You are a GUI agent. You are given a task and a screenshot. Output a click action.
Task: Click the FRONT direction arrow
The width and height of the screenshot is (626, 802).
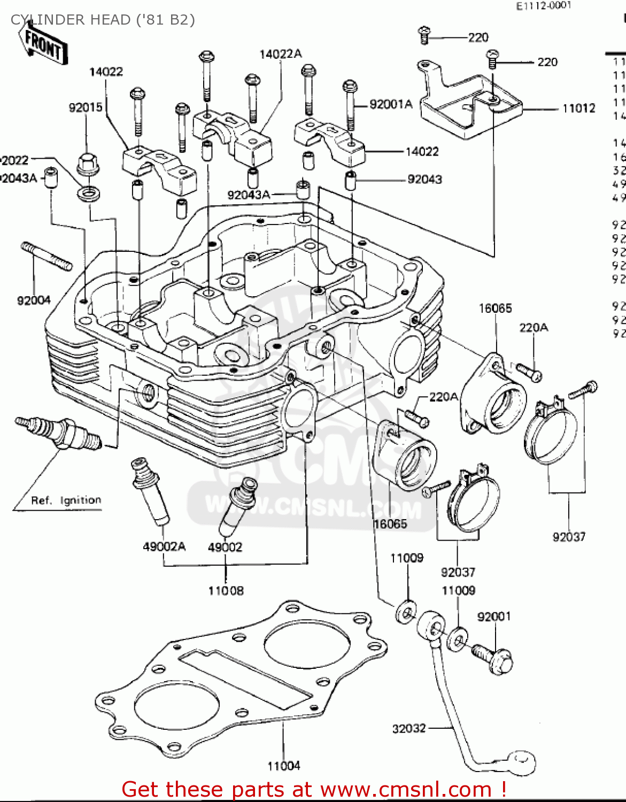pyautogui.click(x=43, y=45)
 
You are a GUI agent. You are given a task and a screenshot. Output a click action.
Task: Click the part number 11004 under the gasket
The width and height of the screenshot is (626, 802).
pyautogui.click(x=283, y=766)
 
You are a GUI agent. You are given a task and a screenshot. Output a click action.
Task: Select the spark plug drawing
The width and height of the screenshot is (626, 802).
pyautogui.click(x=59, y=432)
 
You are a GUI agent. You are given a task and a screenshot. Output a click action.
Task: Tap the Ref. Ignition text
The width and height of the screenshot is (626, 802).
pyautogui.click(x=66, y=500)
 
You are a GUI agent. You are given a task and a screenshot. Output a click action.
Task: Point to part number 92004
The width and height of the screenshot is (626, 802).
pyautogui.click(x=34, y=300)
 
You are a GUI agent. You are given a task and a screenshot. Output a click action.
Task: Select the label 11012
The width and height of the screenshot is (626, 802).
pyautogui.click(x=578, y=109)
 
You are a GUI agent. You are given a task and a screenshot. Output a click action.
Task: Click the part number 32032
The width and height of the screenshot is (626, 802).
pyautogui.click(x=409, y=728)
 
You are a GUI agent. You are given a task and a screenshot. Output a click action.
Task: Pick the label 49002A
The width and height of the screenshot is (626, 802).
pyautogui.click(x=164, y=546)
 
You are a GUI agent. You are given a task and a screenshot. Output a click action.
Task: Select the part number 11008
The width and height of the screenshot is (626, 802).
pyautogui.click(x=226, y=591)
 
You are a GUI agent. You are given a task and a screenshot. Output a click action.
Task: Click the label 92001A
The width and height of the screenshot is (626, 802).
pyautogui.click(x=391, y=104)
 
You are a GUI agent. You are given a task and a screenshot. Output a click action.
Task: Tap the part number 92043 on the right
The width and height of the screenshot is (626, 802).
pyautogui.click(x=424, y=179)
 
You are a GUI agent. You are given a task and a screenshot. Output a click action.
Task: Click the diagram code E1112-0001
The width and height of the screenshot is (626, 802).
pyautogui.click(x=543, y=6)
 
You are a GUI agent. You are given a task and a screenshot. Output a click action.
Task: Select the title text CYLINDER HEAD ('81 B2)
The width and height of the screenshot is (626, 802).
pyautogui.click(x=103, y=20)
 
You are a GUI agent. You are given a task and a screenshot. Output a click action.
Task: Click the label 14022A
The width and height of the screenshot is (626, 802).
pyautogui.click(x=280, y=54)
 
